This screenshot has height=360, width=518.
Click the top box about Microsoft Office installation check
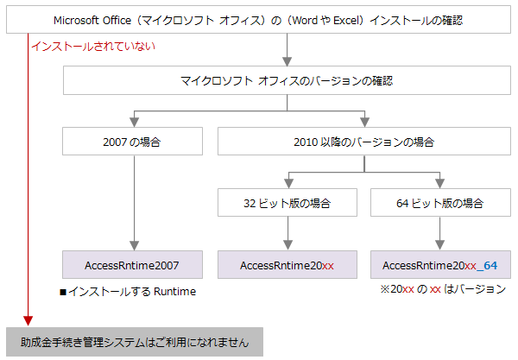pos(258,20)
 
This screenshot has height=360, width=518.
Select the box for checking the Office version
pos(287,80)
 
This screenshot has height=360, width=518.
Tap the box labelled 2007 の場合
pos(132,142)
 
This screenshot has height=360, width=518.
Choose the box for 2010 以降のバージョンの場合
pos(364,142)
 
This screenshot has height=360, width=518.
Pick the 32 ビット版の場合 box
pos(287,203)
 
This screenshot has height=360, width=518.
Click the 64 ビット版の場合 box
pos(440,203)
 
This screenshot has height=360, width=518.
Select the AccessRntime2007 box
pos(132,264)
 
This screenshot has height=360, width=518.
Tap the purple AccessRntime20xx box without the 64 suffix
pos(287,264)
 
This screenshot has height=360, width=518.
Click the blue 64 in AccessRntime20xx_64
pos(490,265)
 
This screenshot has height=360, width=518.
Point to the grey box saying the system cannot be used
pos(135,342)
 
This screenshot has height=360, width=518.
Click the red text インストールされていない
pos(93,46)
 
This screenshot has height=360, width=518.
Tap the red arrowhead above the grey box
pos(28,320)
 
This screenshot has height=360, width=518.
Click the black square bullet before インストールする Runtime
pos(63,293)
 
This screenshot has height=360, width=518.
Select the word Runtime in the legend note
pos(174,292)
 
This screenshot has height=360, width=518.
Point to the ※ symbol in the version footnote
pos(385,289)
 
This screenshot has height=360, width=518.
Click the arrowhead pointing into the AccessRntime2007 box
pos(134,245)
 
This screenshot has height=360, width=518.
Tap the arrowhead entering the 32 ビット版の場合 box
pos(288,184)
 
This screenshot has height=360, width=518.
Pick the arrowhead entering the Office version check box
pos(287,61)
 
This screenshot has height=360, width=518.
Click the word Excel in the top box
pos(345,21)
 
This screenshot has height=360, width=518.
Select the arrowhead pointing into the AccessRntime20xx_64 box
pos(439,245)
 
